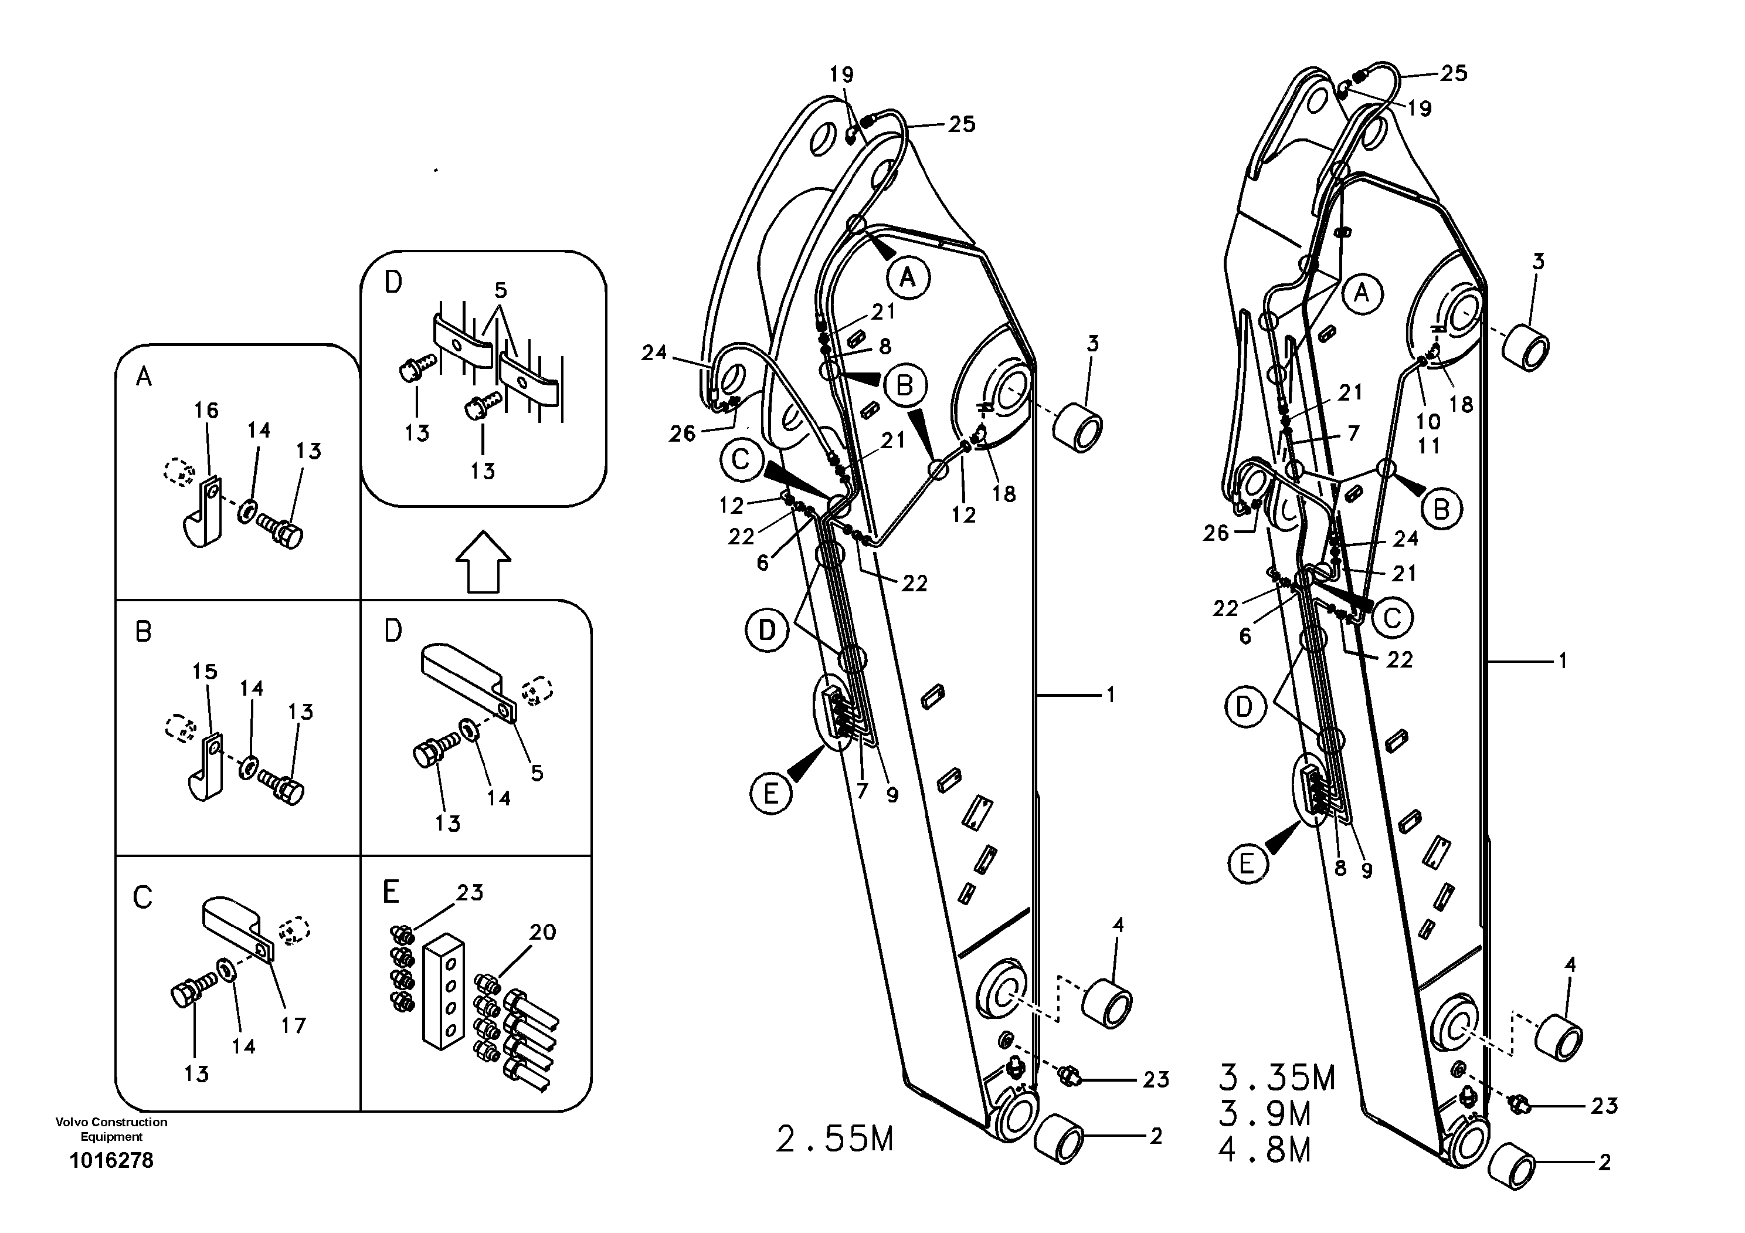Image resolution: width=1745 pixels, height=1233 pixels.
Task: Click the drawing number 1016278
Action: click(111, 1161)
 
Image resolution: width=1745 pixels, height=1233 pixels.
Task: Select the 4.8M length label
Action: click(1265, 1150)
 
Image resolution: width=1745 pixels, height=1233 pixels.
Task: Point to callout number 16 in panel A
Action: click(206, 411)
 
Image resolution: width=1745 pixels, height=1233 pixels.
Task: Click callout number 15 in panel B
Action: click(205, 671)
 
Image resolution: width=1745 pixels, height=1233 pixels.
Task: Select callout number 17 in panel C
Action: click(293, 1025)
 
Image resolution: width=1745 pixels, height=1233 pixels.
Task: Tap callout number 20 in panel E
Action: click(542, 932)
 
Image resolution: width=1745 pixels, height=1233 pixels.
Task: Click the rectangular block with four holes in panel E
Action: click(443, 991)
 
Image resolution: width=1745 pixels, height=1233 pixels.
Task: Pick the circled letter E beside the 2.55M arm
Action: click(770, 794)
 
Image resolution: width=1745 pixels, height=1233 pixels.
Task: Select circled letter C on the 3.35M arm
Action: click(1391, 618)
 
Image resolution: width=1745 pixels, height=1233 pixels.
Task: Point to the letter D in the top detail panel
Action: click(393, 283)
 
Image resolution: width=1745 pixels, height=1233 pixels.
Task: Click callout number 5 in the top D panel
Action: click(500, 290)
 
